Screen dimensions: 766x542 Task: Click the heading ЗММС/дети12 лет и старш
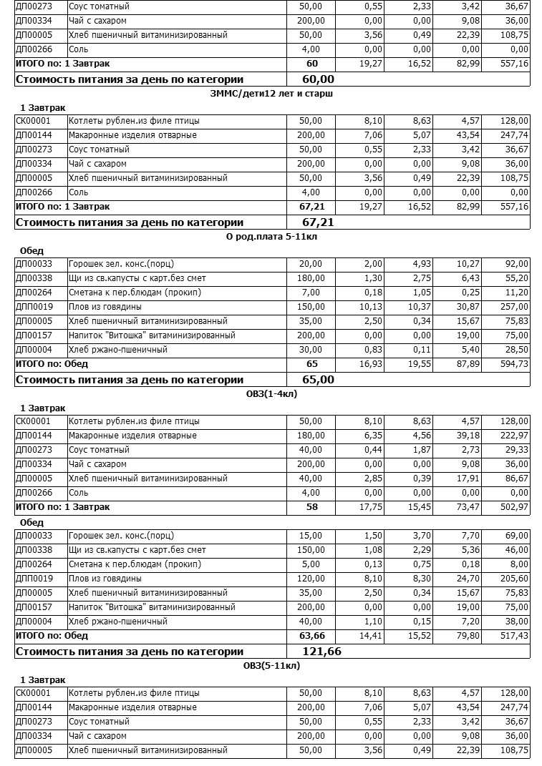tap(272, 94)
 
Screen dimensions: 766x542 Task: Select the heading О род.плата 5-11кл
tap(272, 237)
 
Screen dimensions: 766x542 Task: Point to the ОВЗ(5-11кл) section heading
tap(271, 666)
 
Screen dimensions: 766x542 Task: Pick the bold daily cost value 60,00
tap(318, 79)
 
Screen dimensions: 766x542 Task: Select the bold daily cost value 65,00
tap(318, 380)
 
